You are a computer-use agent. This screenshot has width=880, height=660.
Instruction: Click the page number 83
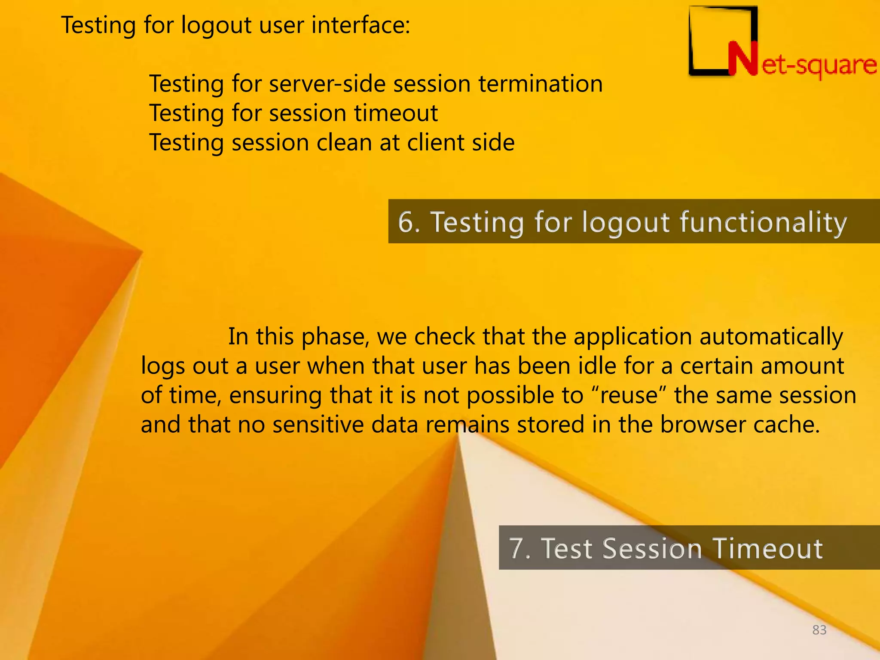point(819,630)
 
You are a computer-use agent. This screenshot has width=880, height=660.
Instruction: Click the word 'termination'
point(541,83)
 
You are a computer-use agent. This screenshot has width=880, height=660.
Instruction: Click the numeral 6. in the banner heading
point(409,222)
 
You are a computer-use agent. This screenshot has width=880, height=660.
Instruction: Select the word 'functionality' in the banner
point(763,223)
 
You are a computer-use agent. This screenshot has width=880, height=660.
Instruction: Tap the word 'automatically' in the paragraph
point(771,337)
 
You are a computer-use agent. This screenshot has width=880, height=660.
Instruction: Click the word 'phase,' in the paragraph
point(335,337)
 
